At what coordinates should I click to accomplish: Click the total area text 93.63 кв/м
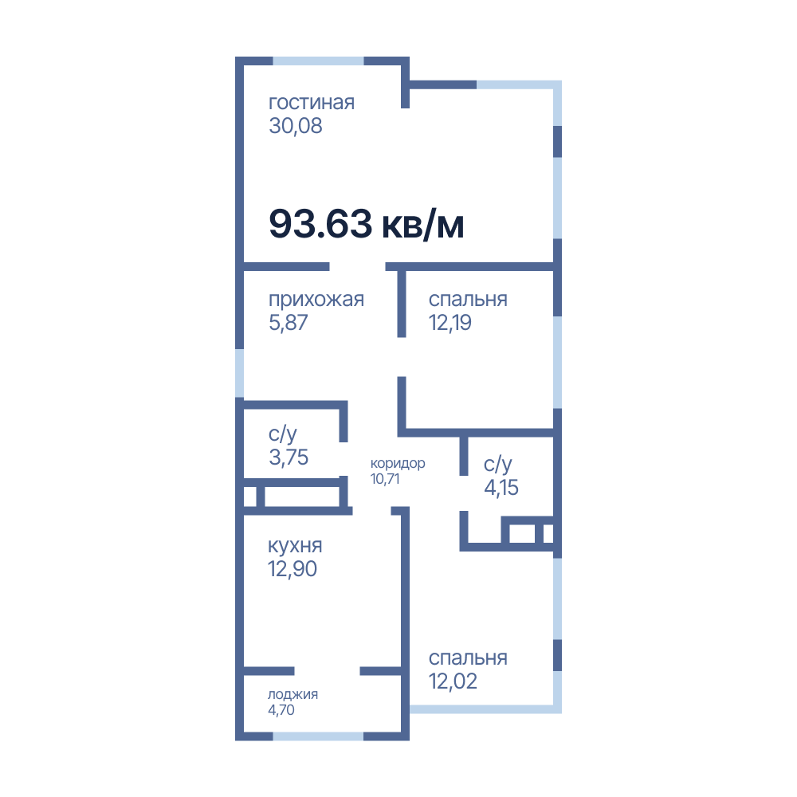click(366, 224)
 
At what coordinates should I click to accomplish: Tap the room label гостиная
click(312, 102)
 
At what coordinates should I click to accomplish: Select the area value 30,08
click(296, 126)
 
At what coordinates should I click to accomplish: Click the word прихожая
click(316, 300)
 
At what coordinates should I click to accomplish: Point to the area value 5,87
click(289, 323)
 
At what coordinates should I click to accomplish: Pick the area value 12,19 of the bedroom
click(450, 323)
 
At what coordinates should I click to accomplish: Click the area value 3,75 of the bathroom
click(289, 457)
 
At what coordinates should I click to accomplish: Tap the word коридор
click(398, 464)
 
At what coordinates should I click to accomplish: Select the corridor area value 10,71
click(385, 479)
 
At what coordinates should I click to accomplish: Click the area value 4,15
click(501, 488)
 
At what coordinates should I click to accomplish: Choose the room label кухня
click(295, 546)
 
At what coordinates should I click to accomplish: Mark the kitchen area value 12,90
click(292, 569)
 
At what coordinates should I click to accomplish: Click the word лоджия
click(292, 695)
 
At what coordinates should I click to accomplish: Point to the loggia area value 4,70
click(281, 710)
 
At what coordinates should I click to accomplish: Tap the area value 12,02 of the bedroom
click(453, 681)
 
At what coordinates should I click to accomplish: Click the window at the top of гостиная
click(319, 61)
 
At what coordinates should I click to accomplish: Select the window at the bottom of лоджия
click(319, 736)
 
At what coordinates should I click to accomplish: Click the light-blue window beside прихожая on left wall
click(239, 373)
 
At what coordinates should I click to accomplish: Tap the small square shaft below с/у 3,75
click(249, 497)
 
